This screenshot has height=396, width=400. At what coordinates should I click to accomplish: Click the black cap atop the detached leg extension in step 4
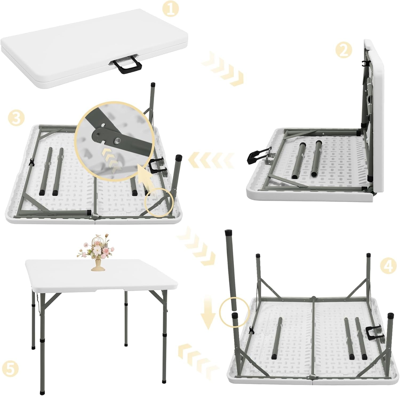(x=229, y=233)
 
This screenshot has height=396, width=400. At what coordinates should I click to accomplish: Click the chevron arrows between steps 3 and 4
(x=197, y=245)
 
